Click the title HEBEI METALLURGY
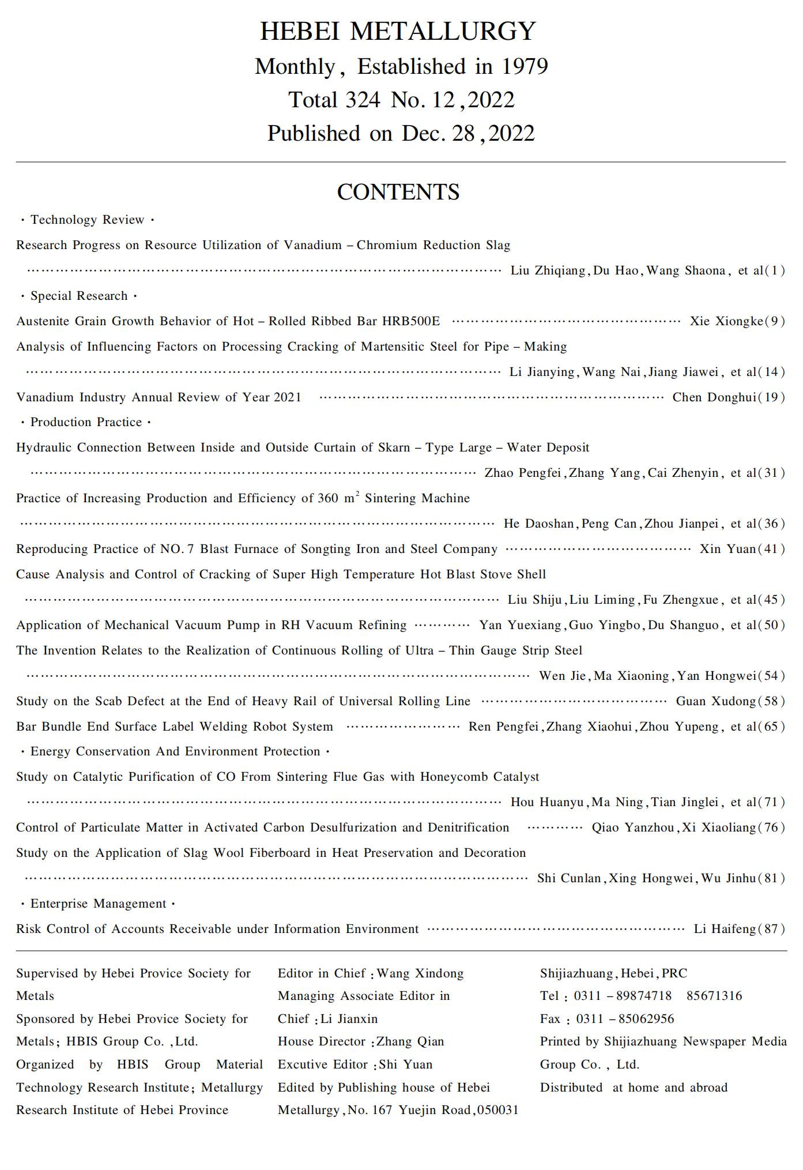point(398,31)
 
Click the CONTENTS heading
point(398,192)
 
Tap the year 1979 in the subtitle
point(524,67)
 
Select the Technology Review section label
point(87,220)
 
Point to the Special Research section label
point(79,296)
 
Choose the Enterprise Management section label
point(98,904)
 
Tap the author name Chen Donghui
point(714,397)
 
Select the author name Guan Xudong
point(715,701)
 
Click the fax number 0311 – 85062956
point(625,1019)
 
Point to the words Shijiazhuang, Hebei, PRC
point(613,974)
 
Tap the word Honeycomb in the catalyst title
point(454,777)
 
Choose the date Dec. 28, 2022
point(468,134)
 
